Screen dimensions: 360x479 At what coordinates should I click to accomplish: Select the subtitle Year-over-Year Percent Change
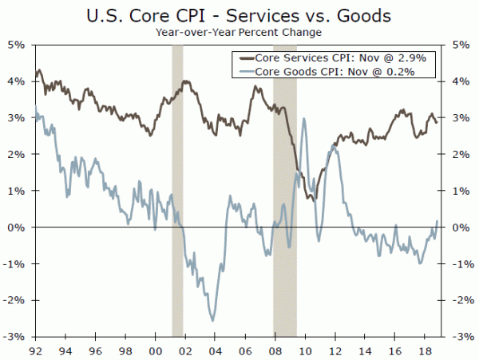(x=239, y=33)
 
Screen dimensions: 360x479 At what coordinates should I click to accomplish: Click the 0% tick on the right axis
(x=460, y=227)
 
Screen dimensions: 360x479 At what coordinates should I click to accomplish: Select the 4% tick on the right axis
(x=460, y=81)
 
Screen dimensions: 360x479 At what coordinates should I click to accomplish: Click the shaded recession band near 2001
(x=177, y=191)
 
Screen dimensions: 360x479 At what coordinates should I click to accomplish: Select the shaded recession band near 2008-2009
(x=285, y=191)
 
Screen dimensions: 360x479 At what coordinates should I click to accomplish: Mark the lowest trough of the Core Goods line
(x=212, y=320)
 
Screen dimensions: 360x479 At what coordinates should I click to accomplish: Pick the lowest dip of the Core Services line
(x=316, y=199)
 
